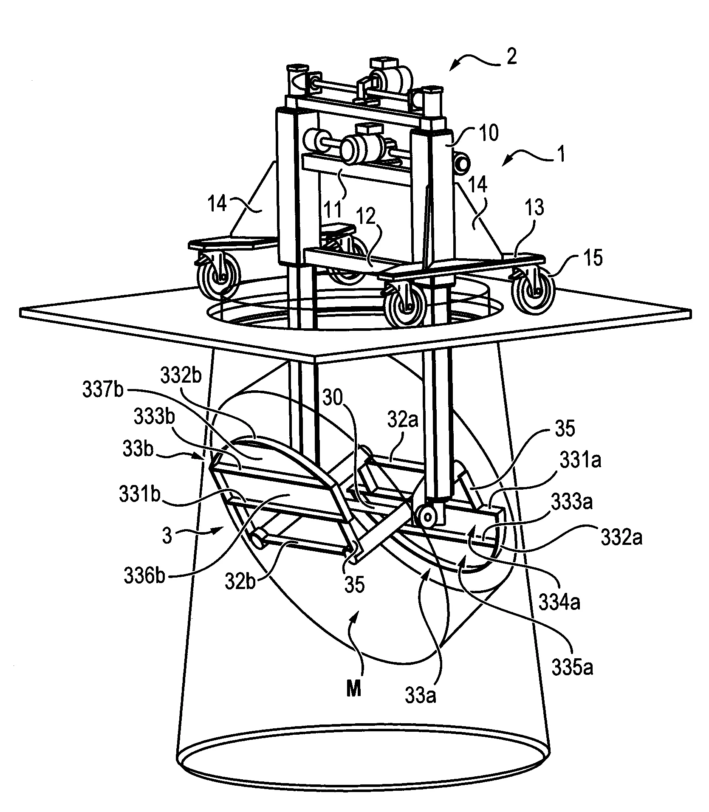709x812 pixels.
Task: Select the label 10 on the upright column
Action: pos(488,133)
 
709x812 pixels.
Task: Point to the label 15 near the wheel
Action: pos(594,258)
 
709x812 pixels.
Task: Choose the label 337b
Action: pos(103,390)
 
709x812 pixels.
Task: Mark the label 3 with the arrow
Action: pos(167,536)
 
